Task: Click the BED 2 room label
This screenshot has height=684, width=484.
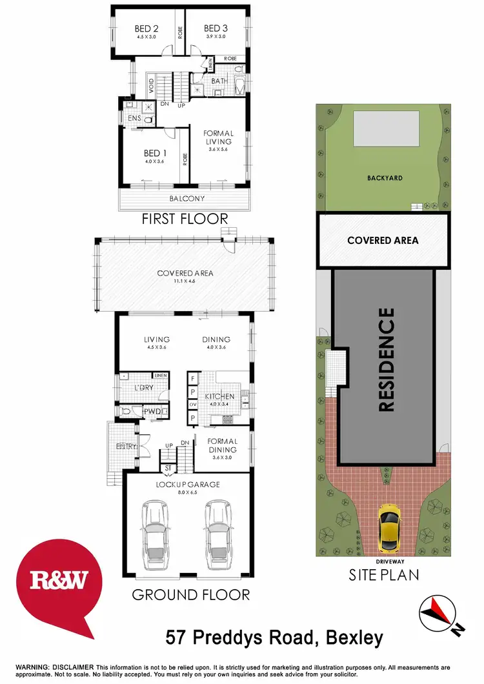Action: tap(146, 28)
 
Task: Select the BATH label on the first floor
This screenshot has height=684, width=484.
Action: tap(219, 81)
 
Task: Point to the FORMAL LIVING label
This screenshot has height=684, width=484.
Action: tap(219, 137)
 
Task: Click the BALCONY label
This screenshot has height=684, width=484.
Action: tap(187, 199)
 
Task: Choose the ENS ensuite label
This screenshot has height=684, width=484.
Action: tap(134, 119)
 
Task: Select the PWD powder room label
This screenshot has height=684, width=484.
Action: tap(152, 411)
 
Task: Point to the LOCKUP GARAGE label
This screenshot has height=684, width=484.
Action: tap(188, 484)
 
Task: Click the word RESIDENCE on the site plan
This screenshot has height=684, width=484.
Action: tap(385, 360)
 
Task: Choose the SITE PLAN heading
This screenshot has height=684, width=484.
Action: tap(385, 574)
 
